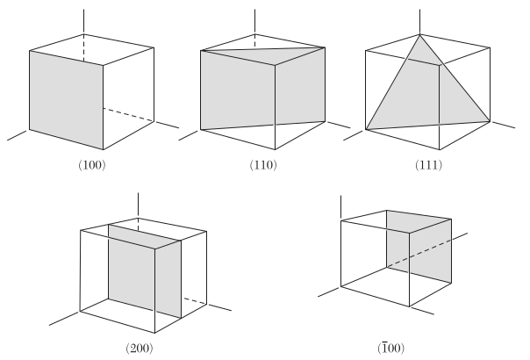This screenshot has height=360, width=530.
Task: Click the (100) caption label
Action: coord(92,165)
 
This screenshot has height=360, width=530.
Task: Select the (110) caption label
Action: coord(263,165)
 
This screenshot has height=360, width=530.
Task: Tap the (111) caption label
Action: coord(428,165)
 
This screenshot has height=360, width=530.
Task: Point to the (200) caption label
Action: coord(140,349)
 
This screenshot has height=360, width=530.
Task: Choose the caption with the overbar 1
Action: coord(391,349)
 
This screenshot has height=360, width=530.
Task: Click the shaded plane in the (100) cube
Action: coord(67,100)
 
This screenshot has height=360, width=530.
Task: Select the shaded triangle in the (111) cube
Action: coord(426,95)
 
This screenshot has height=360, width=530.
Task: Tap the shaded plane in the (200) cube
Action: coord(145,271)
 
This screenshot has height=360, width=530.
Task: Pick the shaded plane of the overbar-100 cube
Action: coord(419,247)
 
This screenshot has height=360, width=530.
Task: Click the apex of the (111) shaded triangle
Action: coord(419,35)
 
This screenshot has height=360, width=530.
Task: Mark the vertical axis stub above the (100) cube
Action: coord(84,22)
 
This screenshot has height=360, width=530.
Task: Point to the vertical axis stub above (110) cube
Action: coord(254,22)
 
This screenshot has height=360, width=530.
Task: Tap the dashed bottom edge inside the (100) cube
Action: coord(129,115)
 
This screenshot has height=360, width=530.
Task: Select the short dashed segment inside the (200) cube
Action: coord(195,301)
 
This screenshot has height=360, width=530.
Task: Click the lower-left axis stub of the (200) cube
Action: coord(65,319)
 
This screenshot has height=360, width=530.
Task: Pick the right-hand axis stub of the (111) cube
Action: coord(503,125)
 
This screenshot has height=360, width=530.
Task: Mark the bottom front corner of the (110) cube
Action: coord(275,149)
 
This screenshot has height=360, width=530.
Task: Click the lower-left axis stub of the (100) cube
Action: coord(17,135)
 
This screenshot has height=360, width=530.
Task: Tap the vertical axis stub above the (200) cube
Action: coord(138,205)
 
